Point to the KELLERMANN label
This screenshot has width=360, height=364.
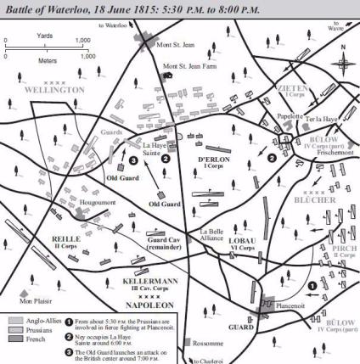coord(135,278)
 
